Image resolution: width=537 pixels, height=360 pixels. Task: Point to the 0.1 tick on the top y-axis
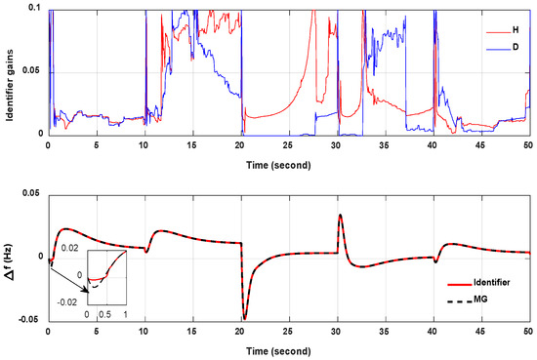point(36,8)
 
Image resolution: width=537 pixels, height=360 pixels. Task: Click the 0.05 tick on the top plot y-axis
point(33,71)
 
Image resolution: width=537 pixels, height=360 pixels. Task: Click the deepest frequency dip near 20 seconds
point(245,318)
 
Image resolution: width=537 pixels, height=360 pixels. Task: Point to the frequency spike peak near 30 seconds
point(340,215)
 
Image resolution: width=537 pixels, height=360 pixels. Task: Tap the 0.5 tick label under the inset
point(103,314)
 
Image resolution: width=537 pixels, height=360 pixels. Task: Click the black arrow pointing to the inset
point(67,276)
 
